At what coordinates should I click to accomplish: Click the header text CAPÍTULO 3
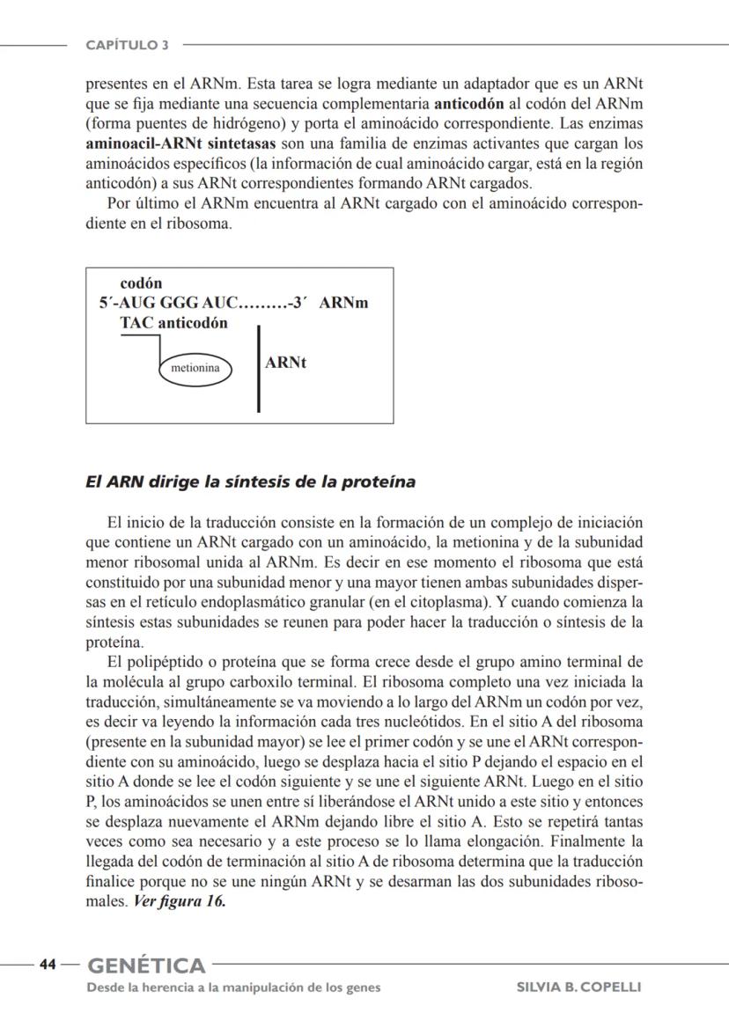pyautogui.click(x=127, y=45)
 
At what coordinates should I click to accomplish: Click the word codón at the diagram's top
pyautogui.click(x=141, y=283)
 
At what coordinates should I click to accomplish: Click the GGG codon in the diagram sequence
pyautogui.click(x=179, y=303)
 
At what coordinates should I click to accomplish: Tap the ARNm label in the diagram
pyautogui.click(x=343, y=303)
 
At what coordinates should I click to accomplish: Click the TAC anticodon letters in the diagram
pyautogui.click(x=136, y=323)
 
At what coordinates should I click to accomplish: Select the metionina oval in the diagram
pyautogui.click(x=195, y=368)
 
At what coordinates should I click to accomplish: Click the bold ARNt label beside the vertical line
pyautogui.click(x=285, y=363)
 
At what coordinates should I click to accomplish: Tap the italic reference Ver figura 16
pyautogui.click(x=179, y=901)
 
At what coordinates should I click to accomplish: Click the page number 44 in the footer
pyautogui.click(x=48, y=965)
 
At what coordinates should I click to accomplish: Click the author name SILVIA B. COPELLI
pyautogui.click(x=578, y=987)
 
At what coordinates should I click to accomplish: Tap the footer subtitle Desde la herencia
pyautogui.click(x=233, y=987)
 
